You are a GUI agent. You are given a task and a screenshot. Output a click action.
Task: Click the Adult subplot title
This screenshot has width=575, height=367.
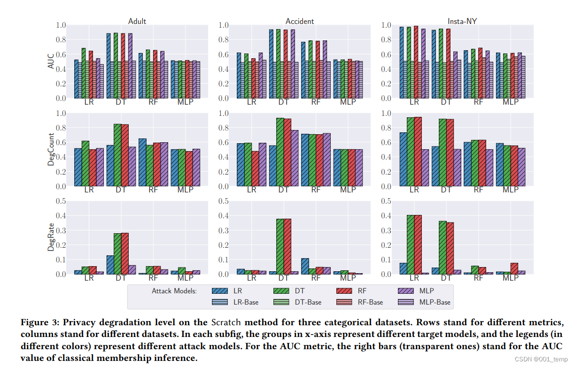(137, 21)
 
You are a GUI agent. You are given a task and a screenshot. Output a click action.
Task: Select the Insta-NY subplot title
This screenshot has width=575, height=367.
(462, 21)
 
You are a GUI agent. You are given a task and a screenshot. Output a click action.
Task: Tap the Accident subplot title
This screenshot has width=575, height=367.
(300, 21)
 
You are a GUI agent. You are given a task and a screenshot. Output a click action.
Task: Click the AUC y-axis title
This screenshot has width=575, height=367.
(51, 61)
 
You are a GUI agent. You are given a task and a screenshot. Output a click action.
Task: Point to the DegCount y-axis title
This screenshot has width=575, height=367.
(51, 149)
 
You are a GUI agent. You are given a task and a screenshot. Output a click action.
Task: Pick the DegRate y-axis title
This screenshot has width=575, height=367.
(51, 237)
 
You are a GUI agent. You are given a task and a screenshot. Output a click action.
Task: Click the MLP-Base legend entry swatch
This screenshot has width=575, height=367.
(406, 302)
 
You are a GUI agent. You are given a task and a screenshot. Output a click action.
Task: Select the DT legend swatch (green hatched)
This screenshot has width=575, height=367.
(281, 291)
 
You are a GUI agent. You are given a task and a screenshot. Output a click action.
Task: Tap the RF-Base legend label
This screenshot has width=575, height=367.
(370, 302)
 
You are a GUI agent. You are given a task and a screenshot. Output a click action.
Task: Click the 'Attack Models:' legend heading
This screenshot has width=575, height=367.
(174, 291)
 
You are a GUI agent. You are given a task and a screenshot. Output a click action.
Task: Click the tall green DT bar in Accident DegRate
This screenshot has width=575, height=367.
(280, 246)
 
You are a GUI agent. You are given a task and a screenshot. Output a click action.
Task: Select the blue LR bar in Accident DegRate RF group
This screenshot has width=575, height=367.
(305, 266)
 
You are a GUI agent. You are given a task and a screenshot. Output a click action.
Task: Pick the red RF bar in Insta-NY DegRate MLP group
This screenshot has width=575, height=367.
(514, 268)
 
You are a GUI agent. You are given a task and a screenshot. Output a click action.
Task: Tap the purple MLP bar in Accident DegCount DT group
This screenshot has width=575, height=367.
(295, 158)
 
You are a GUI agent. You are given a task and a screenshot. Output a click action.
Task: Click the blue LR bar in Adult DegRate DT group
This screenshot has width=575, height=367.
(110, 265)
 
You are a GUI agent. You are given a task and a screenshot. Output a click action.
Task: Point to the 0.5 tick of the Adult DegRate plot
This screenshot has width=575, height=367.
(61, 201)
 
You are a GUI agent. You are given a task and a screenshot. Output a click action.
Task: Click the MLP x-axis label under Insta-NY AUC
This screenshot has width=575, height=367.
(510, 102)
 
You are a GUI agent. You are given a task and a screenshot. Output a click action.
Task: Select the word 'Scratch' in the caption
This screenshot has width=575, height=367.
(226, 322)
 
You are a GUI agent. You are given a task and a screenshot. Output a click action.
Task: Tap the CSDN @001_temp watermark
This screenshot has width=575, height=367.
(541, 359)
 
